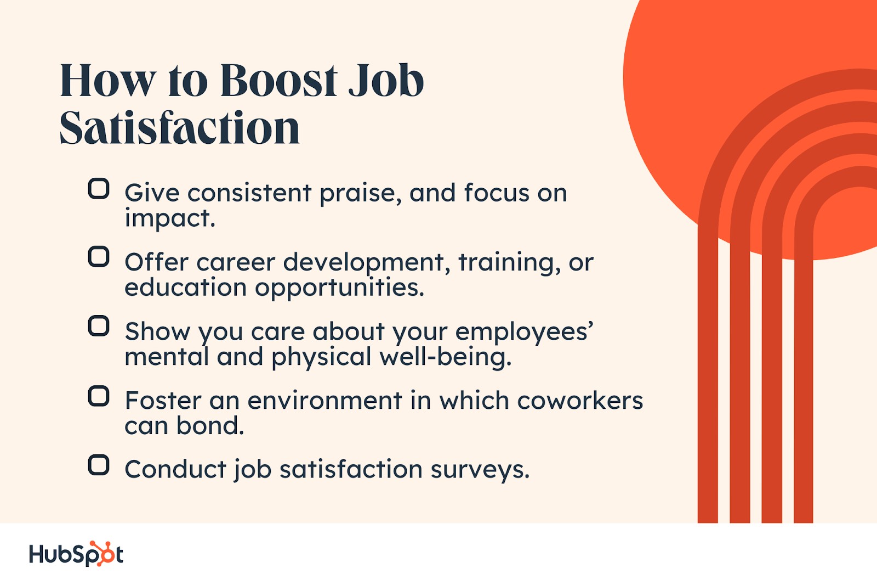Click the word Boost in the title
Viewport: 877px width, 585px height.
[279, 80]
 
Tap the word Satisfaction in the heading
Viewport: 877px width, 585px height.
[180, 128]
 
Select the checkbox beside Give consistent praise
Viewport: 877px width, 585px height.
[98, 189]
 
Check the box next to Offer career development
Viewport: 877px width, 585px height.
[98, 257]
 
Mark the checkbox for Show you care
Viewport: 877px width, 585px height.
[98, 326]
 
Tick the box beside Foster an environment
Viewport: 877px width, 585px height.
[98, 396]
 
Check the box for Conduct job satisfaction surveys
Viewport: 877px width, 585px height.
[98, 465]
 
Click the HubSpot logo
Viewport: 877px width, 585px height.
[76, 554]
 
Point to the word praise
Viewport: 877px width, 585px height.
[361, 194]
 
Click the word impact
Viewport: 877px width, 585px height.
[170, 218]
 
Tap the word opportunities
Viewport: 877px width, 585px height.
[339, 288]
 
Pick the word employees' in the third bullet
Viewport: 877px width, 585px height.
[524, 332]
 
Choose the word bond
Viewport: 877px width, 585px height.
[210, 425]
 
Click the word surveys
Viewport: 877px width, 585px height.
[480, 470]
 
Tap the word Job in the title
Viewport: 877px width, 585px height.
[386, 80]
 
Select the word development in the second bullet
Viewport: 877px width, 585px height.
[363, 263]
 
